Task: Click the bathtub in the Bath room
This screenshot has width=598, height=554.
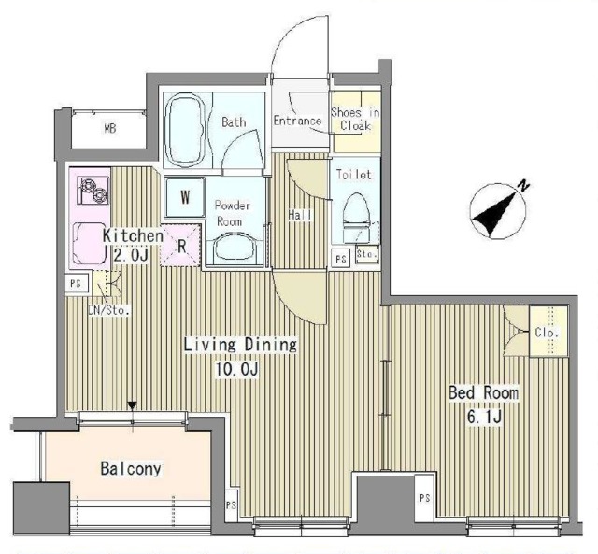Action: (186, 129)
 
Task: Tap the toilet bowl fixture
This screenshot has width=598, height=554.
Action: (357, 219)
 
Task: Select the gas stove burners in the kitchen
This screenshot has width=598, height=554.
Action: (93, 191)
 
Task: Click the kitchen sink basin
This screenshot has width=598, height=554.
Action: (90, 243)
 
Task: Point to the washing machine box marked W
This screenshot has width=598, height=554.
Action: (185, 197)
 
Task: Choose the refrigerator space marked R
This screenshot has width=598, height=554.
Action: (180, 245)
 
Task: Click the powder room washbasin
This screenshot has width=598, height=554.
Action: (235, 248)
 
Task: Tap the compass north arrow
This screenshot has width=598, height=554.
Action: (496, 212)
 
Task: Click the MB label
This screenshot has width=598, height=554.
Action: (110, 129)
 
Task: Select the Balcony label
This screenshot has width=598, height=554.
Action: (131, 468)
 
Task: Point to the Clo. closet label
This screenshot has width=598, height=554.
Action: (548, 333)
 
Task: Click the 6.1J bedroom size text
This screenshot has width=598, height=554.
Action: (484, 418)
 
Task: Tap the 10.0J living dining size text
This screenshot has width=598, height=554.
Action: (237, 369)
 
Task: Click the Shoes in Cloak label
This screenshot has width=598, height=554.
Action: (355, 119)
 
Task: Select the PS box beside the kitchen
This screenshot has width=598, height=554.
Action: (77, 284)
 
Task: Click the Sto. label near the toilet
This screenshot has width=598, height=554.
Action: (367, 254)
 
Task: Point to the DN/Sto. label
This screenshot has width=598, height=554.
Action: (109, 310)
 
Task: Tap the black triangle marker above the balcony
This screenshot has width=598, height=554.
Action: (133, 405)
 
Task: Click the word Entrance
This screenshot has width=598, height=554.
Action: (297, 121)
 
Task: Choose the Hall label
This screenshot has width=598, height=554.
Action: (300, 215)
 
